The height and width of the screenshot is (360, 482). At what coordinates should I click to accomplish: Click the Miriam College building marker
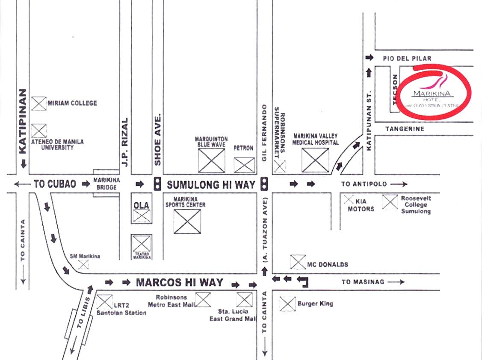(x=39, y=103)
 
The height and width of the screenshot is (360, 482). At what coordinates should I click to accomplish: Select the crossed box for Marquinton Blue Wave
(x=211, y=160)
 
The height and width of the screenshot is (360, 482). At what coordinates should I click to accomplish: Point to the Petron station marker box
(x=244, y=165)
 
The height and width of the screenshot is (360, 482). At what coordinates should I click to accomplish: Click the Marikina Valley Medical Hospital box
(x=315, y=160)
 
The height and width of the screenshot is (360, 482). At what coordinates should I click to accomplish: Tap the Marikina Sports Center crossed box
(x=187, y=221)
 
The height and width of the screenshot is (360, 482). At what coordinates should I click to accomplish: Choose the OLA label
(x=142, y=205)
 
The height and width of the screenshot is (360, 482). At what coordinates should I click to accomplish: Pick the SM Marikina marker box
(x=83, y=265)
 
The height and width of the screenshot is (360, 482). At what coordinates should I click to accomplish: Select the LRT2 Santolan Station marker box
(x=104, y=302)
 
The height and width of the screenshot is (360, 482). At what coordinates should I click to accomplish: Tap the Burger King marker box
(x=287, y=304)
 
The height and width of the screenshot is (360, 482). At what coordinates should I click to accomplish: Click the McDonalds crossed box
(x=298, y=262)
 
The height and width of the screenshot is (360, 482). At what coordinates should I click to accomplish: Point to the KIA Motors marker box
(x=349, y=199)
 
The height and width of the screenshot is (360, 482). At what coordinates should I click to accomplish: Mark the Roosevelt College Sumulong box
(x=390, y=202)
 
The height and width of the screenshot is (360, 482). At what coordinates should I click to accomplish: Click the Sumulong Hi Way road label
(x=211, y=185)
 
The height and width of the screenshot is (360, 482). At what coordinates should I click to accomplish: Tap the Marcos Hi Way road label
(x=180, y=282)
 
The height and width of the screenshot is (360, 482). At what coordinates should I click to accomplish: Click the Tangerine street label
(x=405, y=129)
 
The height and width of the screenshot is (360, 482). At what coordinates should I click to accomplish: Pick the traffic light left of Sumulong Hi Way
(x=157, y=184)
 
